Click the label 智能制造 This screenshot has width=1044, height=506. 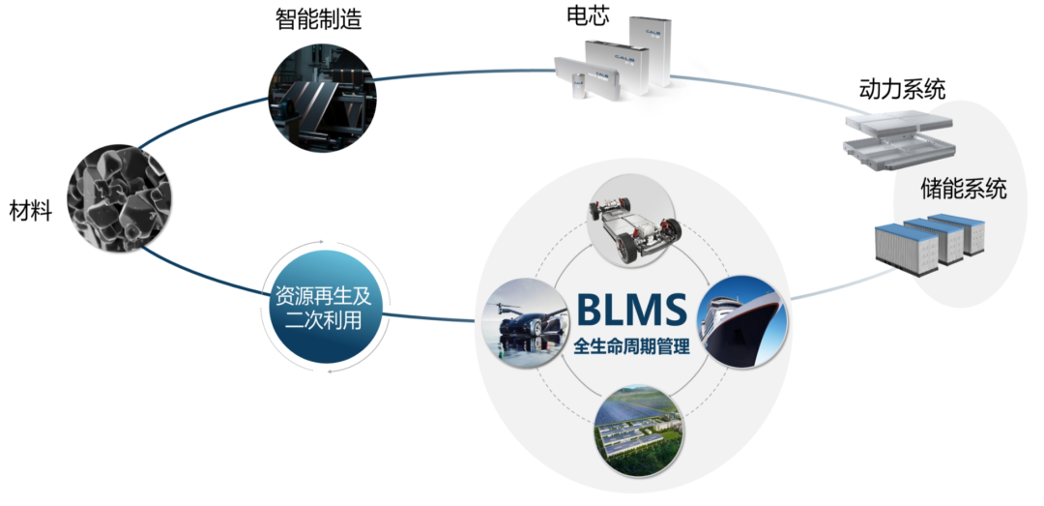[x=318, y=20]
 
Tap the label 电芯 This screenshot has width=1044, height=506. [x=588, y=16]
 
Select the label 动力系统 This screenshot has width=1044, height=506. [x=902, y=89]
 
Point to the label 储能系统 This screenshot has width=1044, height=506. [x=964, y=190]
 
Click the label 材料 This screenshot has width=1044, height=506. [x=31, y=211]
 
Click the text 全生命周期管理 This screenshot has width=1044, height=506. [x=631, y=347]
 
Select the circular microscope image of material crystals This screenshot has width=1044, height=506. [x=121, y=198]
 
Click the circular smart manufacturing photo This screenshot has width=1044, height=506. [x=322, y=100]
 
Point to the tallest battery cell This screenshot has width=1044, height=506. [x=651, y=51]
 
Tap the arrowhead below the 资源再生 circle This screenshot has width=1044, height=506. [x=331, y=370]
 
